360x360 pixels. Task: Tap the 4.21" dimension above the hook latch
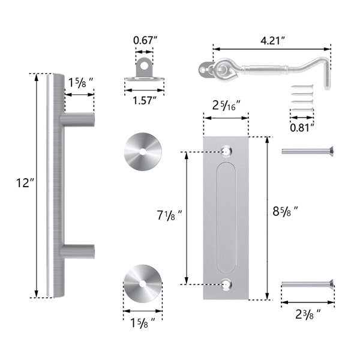tap(273, 40)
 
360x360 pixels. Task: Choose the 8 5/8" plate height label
tap(285, 211)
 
